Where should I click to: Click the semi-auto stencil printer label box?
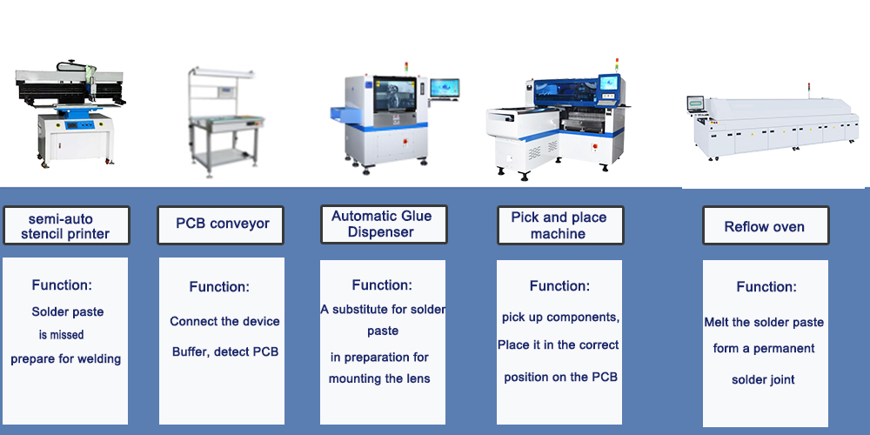(66, 225)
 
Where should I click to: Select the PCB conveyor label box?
(220, 224)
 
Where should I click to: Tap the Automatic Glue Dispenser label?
(384, 224)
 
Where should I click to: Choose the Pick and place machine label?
(560, 225)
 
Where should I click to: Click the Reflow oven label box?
(766, 225)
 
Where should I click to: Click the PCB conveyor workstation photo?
(221, 122)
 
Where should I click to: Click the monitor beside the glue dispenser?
(445, 90)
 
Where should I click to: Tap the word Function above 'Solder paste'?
(62, 285)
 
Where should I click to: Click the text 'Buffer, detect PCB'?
(224, 351)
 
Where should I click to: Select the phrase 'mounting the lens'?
(379, 379)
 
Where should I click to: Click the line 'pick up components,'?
(560, 318)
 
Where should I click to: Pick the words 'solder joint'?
(763, 380)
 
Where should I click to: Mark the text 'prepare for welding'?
(65, 359)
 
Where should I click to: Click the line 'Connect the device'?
(224, 321)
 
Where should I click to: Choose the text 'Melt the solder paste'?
(764, 323)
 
